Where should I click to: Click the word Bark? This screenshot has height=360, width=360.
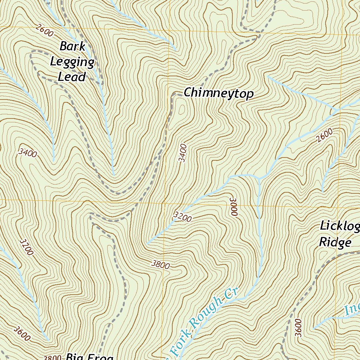[72, 46]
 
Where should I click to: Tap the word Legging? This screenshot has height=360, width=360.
[72, 62]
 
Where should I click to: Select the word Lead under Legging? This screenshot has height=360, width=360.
[72, 77]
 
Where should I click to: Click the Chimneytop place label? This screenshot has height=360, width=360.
[218, 94]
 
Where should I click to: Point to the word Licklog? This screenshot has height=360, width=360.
[339, 226]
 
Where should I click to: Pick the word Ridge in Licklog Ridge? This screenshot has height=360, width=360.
[335, 242]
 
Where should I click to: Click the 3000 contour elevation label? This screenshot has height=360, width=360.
[234, 206]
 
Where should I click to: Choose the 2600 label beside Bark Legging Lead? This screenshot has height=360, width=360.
[45, 31]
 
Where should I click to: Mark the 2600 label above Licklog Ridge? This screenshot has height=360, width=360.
[324, 135]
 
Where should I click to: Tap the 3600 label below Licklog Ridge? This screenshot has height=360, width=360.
[298, 328]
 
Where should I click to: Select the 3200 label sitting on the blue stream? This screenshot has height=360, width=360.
[182, 217]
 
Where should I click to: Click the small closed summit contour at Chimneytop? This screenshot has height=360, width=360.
[182, 110]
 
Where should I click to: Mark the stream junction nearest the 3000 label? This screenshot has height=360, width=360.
[259, 178]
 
